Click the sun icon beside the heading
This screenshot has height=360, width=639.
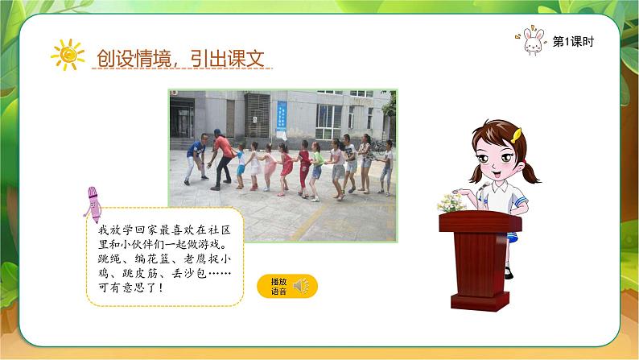click(x=68, y=54)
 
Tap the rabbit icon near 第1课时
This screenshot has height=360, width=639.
click(x=533, y=42)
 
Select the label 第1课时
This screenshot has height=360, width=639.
click(x=574, y=43)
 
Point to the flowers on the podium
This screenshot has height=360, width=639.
click(x=451, y=201)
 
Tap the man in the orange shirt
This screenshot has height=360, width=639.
click(x=221, y=157)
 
